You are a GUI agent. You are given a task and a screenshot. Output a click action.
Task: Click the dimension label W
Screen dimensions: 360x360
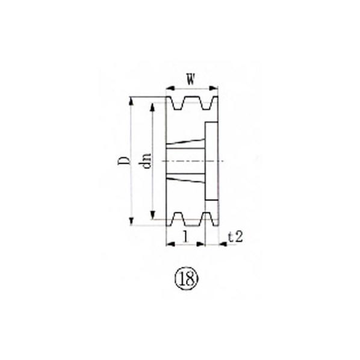pyautogui.click(x=191, y=79)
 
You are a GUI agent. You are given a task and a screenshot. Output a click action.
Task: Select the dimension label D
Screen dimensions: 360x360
pyautogui.click(x=123, y=161)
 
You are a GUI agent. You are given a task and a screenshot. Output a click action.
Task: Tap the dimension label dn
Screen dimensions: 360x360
pyautogui.click(x=147, y=161)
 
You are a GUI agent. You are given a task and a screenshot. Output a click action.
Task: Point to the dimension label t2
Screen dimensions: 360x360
pyautogui.click(x=235, y=237)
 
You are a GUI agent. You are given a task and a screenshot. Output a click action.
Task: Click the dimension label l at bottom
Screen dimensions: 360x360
pyautogui.click(x=186, y=237)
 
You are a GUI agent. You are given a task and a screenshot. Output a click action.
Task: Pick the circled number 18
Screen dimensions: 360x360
pyautogui.click(x=187, y=278)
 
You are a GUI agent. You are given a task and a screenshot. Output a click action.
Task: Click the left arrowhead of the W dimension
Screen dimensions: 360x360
pyautogui.click(x=170, y=88)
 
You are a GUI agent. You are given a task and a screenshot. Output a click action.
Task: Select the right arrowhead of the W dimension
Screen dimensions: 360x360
pyautogui.click(x=214, y=88)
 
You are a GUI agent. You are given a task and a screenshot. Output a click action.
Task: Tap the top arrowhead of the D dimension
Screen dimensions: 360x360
pyautogui.click(x=131, y=101)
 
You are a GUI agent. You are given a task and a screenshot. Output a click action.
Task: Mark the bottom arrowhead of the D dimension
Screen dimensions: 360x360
pyautogui.click(x=131, y=221)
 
